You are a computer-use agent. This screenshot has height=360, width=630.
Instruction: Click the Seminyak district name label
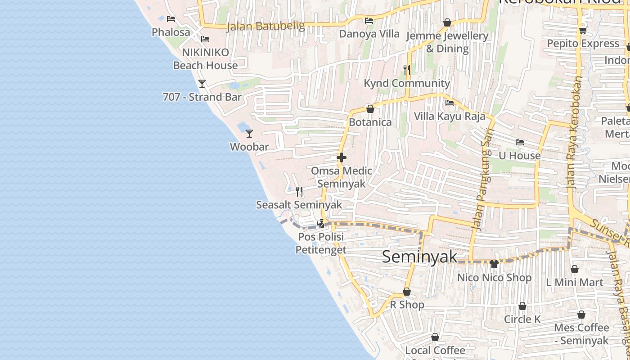419,257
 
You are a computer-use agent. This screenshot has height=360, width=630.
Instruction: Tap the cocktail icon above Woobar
249,134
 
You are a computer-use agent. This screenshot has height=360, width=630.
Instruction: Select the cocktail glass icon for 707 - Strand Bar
202,84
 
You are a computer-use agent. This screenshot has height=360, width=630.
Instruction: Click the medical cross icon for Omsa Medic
342,157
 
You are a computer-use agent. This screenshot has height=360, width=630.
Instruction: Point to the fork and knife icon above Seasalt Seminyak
299,192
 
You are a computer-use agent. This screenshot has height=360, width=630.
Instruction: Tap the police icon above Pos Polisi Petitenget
321,223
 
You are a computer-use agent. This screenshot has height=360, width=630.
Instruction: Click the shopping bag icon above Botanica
370,109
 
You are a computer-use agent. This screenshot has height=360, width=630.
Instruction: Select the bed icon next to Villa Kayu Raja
449,103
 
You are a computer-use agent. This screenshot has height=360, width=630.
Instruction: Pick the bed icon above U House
520,142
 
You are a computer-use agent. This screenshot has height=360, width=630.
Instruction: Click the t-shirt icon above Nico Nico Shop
494,264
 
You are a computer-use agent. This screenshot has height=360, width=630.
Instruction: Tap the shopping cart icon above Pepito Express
583,30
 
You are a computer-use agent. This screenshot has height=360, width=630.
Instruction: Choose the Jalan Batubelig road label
265,26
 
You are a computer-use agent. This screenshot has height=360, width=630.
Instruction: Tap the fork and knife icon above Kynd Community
407,69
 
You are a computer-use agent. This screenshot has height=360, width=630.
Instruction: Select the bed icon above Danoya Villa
369,20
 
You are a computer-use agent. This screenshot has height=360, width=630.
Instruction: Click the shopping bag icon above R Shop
407,292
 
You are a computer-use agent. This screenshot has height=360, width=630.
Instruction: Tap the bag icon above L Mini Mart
575,269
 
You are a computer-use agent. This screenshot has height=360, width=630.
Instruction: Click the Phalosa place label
171,32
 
